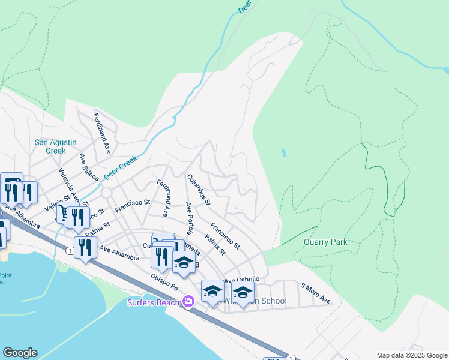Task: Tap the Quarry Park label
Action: click(325, 242)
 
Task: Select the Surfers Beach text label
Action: click(154, 302)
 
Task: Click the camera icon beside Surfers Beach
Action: click(188, 301)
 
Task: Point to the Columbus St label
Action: click(198, 190)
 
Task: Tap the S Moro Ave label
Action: click(316, 294)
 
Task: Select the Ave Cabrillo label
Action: click(242, 280)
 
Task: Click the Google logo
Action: click(20, 353)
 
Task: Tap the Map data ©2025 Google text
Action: click(411, 355)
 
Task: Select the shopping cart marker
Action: click(64, 214)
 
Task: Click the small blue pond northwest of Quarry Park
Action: click(283, 153)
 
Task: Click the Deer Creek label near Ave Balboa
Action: click(120, 169)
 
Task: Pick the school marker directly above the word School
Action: click(243, 293)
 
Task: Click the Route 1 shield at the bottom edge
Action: click(291, 358)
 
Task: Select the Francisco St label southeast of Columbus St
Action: click(225, 236)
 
